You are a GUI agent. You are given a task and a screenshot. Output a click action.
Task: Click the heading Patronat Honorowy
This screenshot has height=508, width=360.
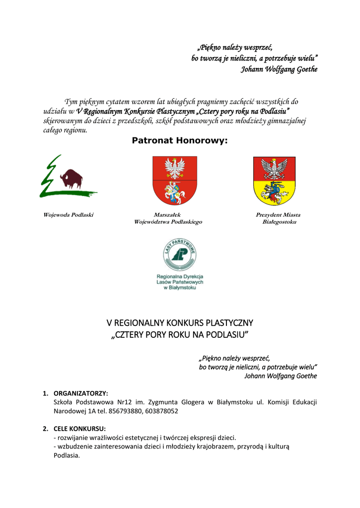click(x=180, y=140)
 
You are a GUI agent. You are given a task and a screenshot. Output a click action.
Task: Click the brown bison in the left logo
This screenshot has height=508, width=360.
click(x=72, y=179)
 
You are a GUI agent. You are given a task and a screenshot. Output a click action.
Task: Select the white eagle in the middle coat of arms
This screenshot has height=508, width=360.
click(x=174, y=168)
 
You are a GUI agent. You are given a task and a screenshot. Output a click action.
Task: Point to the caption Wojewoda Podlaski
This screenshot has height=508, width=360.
click(x=69, y=215)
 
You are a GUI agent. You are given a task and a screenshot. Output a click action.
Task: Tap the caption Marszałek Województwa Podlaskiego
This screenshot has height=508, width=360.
click(x=168, y=218)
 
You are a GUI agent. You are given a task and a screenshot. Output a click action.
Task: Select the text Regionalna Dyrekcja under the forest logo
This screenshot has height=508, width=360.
click(x=180, y=276)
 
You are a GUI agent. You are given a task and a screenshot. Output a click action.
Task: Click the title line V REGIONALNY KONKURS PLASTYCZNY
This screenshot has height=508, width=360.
click(x=180, y=323)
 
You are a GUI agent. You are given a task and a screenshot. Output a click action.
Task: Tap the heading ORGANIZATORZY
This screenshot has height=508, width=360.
click(x=81, y=393)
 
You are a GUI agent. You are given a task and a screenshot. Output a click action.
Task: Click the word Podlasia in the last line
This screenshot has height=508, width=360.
click(x=66, y=455)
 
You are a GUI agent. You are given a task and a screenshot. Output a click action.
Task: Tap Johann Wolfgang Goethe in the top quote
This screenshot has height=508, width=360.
click(x=279, y=69)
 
